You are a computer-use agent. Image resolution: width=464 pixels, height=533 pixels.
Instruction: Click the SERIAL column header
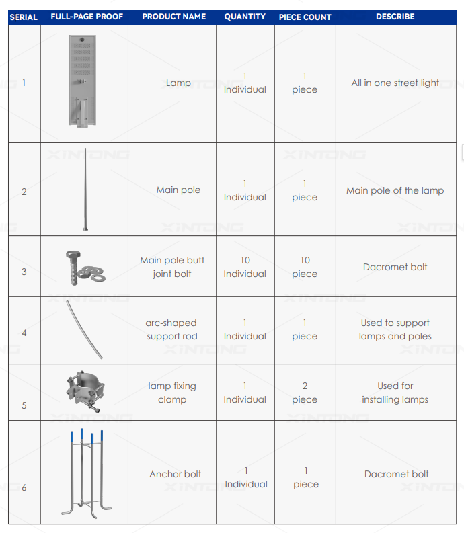coord(24,17)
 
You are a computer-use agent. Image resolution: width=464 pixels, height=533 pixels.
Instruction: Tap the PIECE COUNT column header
coord(305,17)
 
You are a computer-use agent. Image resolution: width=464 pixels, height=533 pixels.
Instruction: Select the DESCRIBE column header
coord(395,17)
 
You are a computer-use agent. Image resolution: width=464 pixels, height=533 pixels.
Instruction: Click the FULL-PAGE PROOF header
coord(87,17)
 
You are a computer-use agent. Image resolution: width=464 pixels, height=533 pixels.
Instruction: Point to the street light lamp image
coord(82,81)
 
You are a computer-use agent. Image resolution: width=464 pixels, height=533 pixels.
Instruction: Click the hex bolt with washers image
coord(85,268)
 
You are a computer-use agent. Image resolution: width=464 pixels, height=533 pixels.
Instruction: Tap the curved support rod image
coord(84,329)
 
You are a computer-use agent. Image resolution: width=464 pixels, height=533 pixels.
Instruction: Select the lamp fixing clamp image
coord(85,392)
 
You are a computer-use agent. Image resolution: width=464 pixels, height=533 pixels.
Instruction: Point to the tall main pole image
coord(85,190)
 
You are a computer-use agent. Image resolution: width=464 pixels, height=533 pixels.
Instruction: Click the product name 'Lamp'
coord(178,83)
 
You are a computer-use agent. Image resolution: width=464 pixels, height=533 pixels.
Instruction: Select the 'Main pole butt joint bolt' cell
coord(172,267)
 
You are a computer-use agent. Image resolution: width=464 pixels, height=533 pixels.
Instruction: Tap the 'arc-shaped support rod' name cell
coord(171,329)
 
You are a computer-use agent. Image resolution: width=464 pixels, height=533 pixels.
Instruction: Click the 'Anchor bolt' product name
coord(176,474)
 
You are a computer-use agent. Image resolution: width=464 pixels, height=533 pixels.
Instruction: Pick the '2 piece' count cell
coord(305,393)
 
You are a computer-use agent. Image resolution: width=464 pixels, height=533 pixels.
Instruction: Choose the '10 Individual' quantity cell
coord(245,267)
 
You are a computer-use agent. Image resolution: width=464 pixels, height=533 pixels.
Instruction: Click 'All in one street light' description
coord(395,83)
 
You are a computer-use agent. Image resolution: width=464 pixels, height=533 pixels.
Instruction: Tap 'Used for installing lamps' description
coord(395,393)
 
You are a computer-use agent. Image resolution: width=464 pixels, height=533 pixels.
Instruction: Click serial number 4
coord(24,333)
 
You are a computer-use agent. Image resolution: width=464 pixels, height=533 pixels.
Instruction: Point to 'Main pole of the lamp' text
coord(395,190)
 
